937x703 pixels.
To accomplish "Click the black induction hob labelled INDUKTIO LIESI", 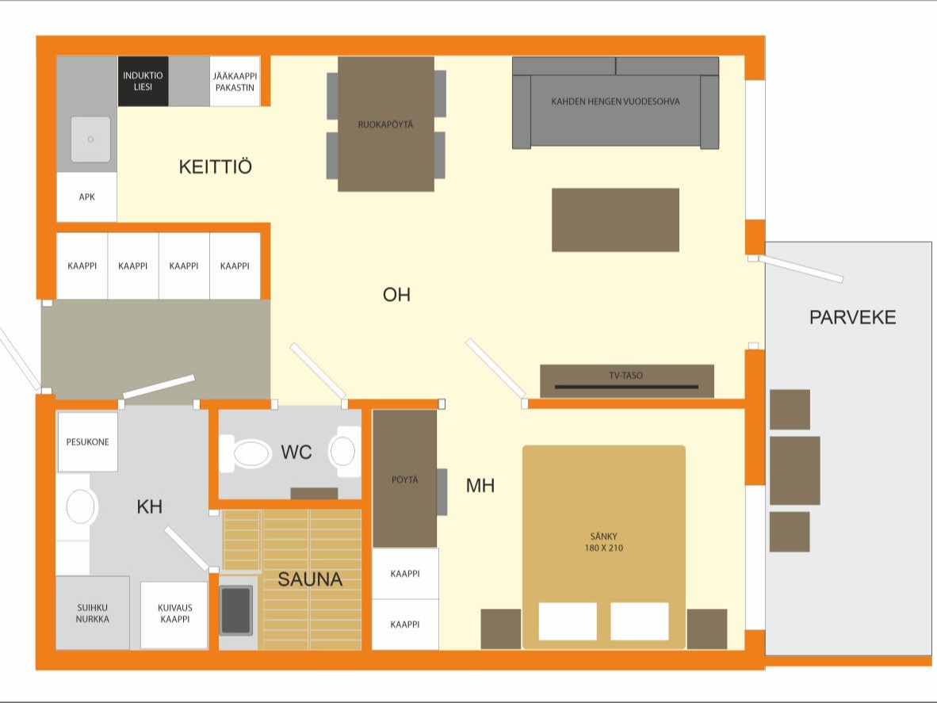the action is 143,81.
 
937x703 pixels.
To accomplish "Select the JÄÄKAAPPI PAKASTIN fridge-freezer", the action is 235,81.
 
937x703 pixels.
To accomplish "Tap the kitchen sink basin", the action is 91,139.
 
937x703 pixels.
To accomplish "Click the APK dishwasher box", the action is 86,197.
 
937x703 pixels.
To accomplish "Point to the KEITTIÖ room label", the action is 215,166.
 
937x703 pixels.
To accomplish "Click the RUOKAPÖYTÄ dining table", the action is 386,124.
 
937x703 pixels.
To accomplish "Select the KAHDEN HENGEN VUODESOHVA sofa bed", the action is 615,103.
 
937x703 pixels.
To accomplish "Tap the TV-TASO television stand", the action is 627,380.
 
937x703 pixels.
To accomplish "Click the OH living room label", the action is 397,295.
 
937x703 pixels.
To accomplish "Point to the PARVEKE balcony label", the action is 853,317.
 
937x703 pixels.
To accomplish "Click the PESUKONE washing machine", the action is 87,442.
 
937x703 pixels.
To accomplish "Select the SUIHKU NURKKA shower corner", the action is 93,613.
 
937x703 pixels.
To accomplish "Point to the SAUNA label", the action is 310,579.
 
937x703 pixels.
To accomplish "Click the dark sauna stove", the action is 236,609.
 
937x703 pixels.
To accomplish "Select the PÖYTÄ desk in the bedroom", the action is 404,479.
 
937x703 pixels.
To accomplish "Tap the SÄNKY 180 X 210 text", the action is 603,542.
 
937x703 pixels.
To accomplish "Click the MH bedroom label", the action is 480,486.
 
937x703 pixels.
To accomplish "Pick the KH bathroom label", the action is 149,506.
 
